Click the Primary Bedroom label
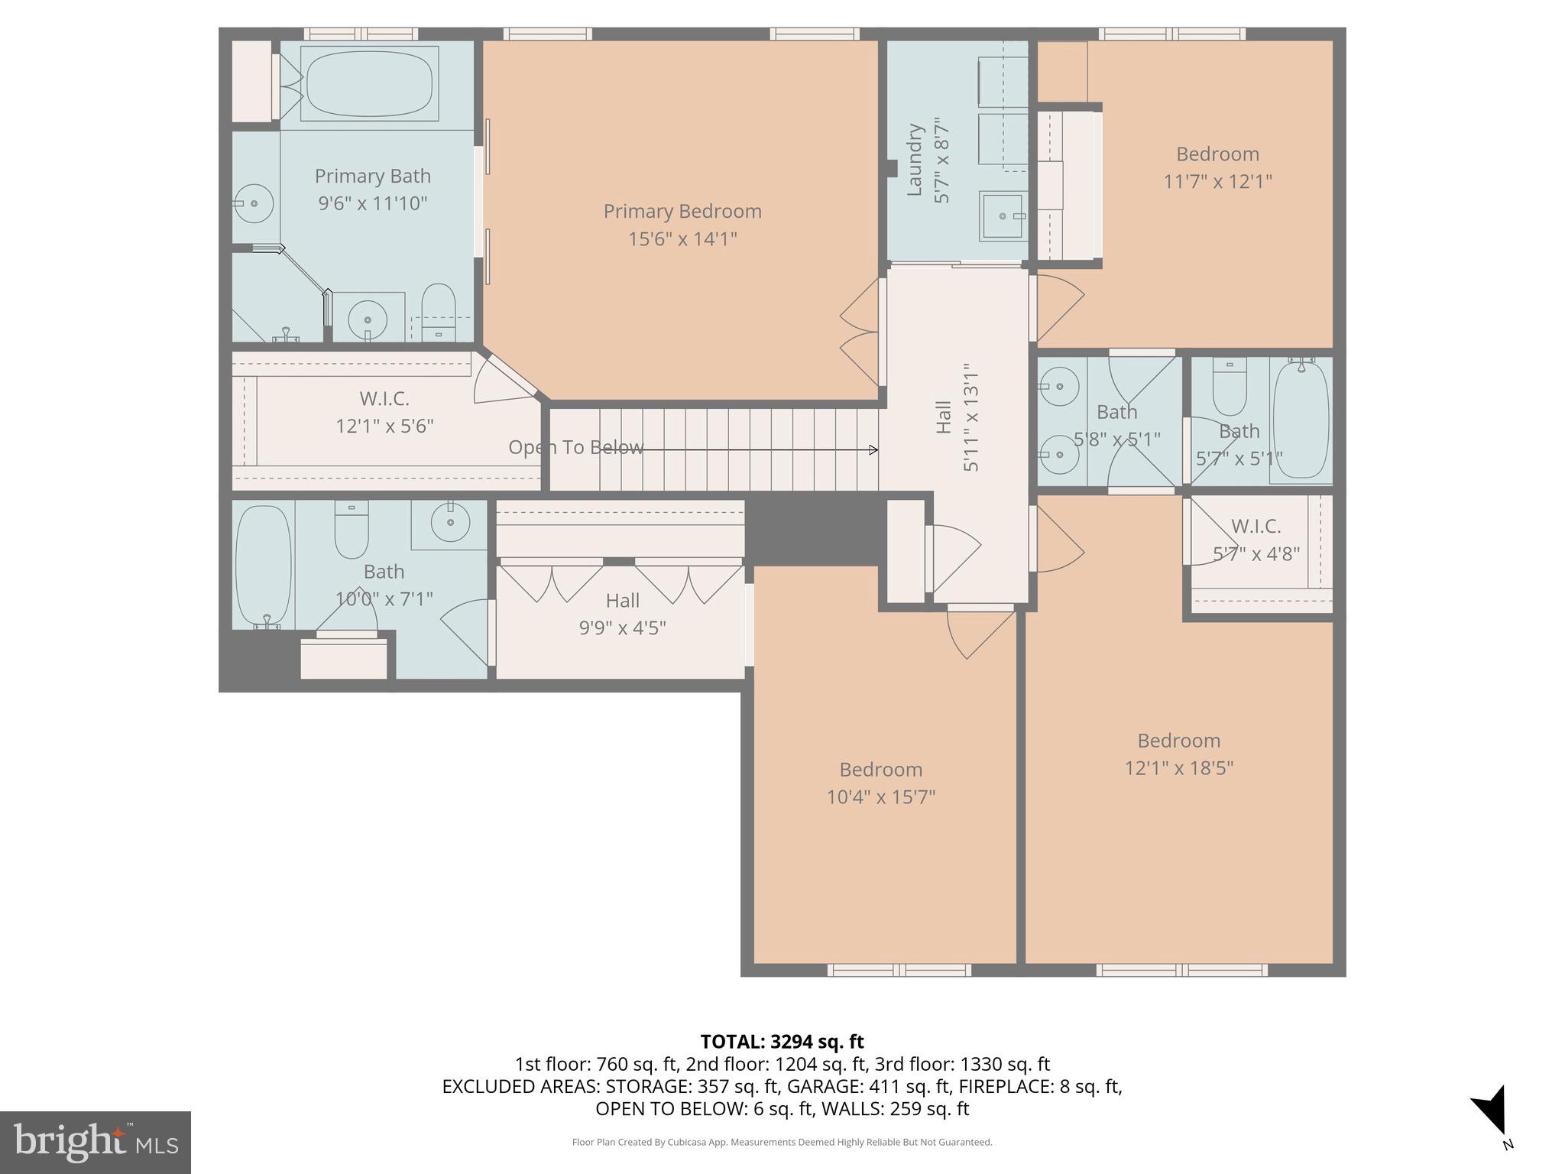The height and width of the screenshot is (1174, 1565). (682, 212)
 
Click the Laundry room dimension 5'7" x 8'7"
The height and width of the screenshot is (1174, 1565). (942, 161)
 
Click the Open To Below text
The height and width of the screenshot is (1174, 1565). (575, 447)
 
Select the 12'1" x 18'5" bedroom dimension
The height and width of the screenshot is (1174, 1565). (1178, 767)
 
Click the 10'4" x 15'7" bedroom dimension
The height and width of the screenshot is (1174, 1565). (880, 796)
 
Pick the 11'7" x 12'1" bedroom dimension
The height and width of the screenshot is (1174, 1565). (1217, 182)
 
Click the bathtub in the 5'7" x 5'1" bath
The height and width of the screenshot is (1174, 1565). (1301, 419)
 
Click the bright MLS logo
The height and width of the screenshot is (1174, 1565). (96, 1142)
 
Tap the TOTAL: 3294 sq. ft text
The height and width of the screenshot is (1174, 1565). (782, 1041)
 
